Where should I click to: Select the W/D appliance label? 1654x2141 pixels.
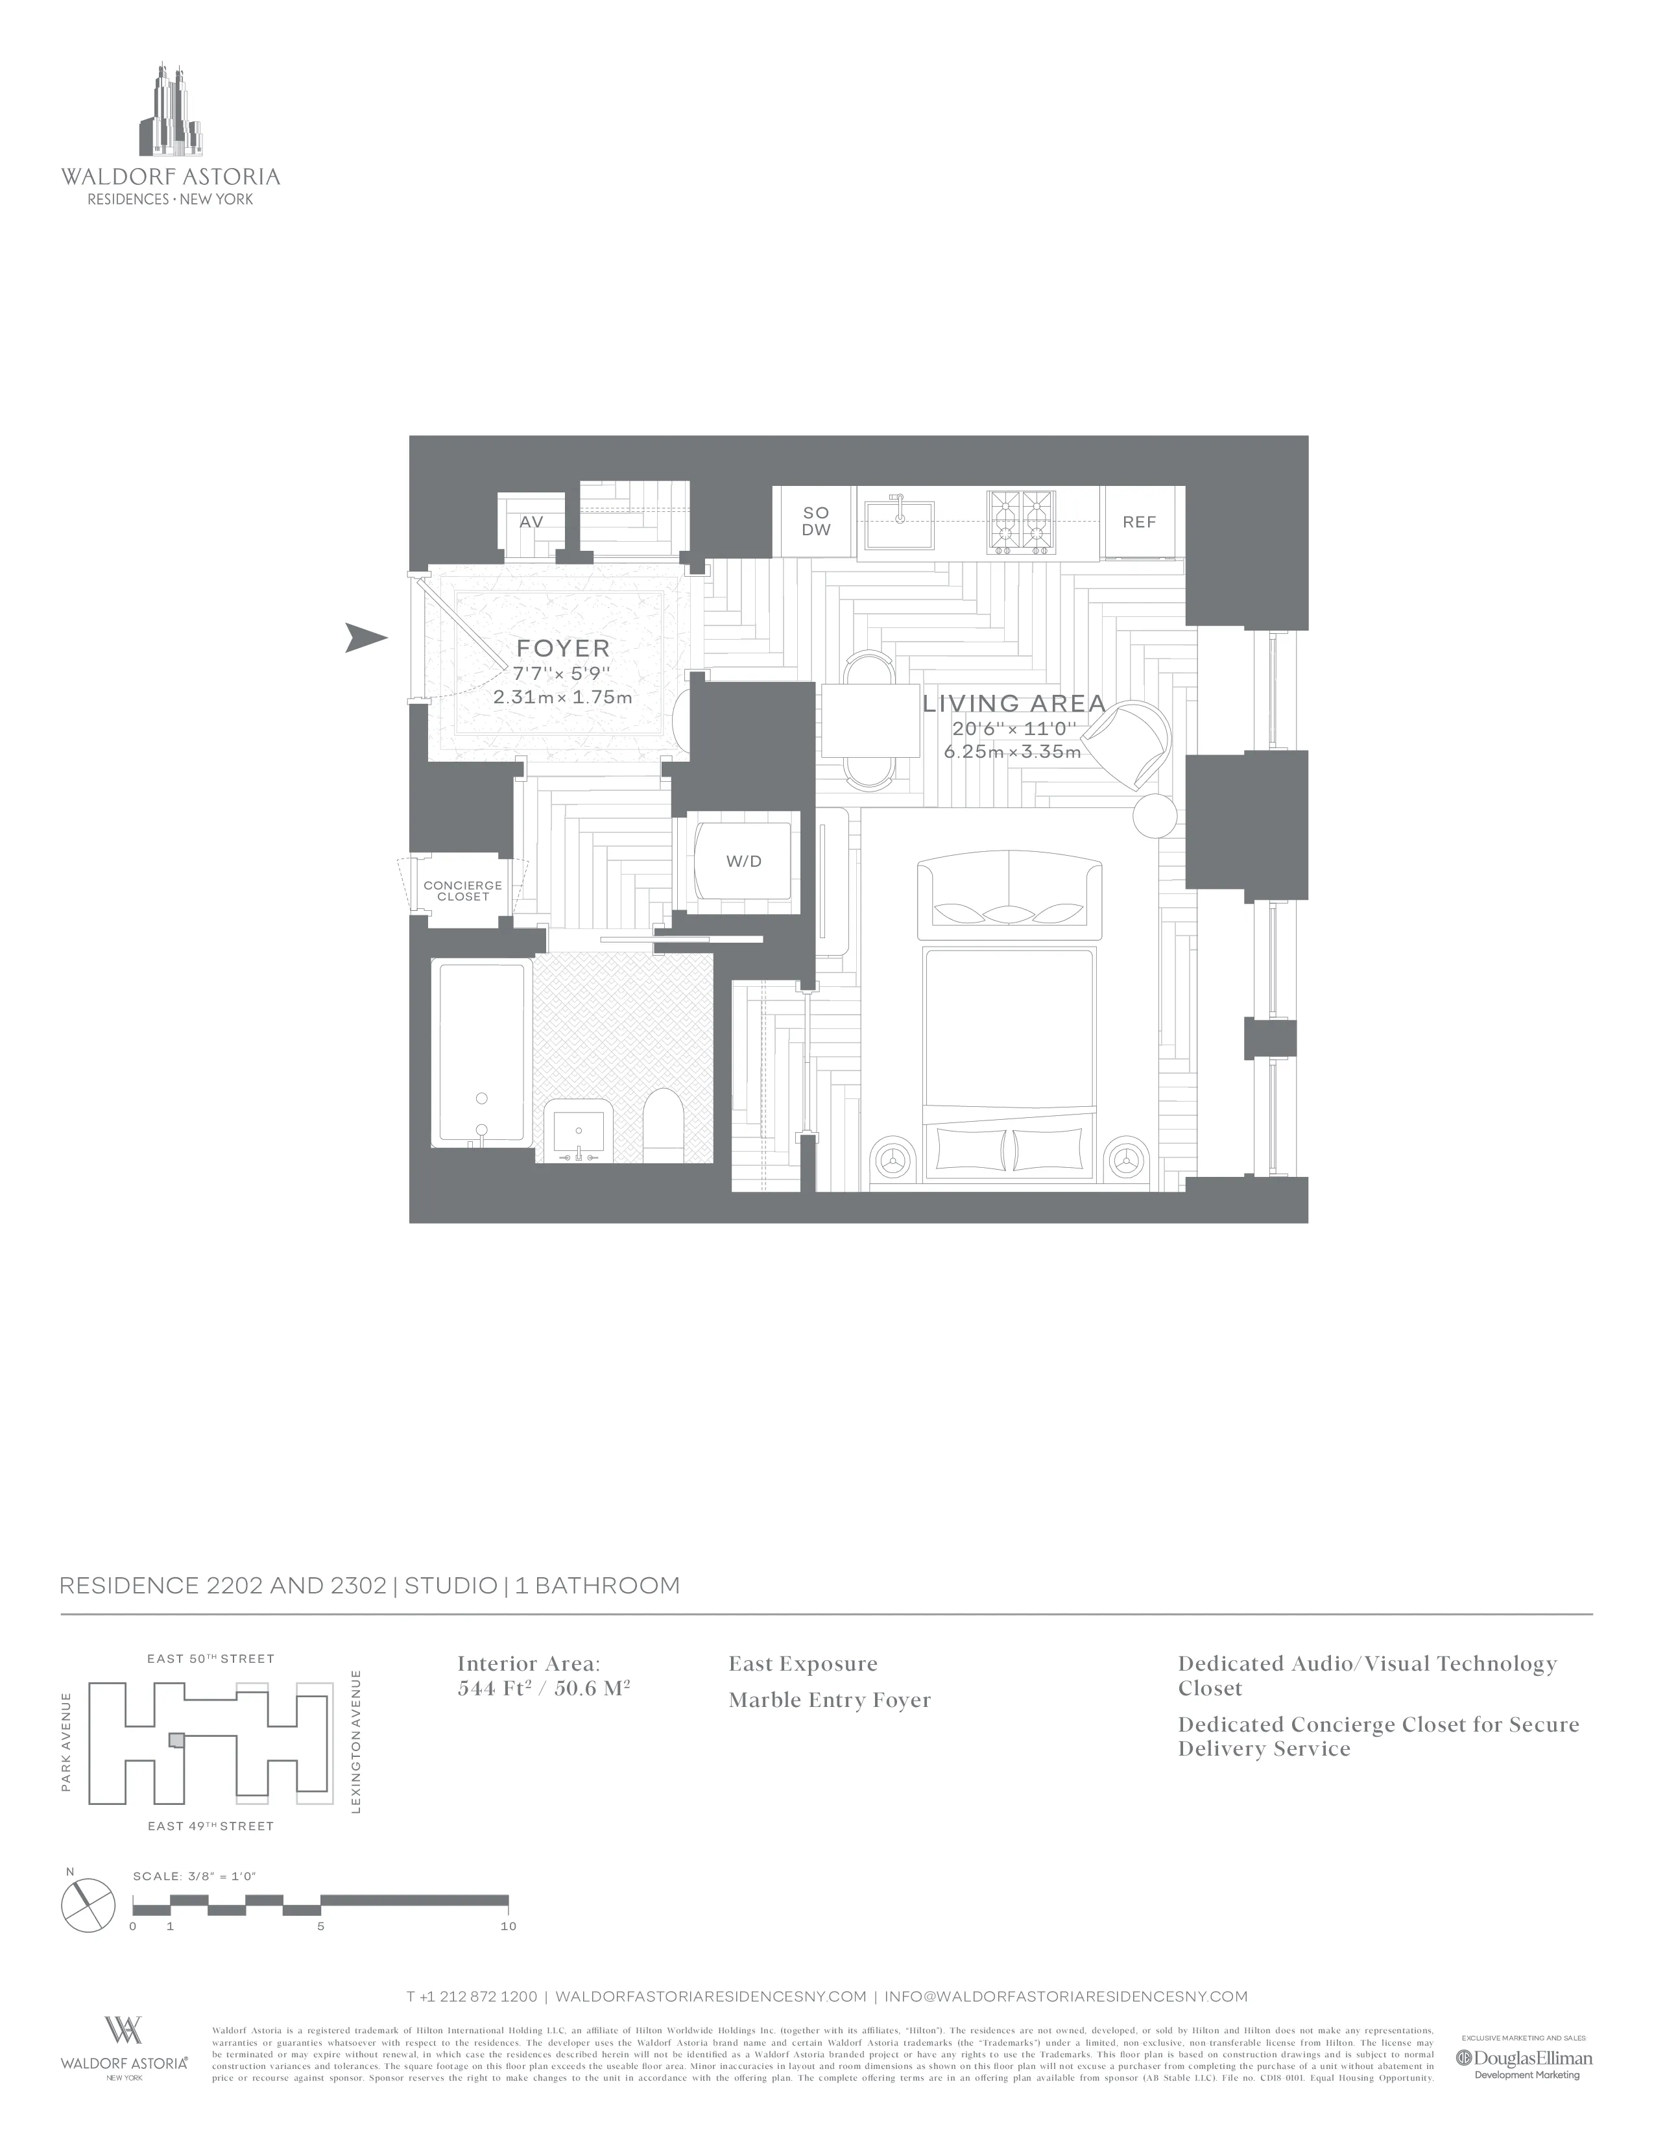[744, 862]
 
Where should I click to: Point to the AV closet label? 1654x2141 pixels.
[531, 522]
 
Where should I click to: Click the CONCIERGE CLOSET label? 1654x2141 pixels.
[462, 890]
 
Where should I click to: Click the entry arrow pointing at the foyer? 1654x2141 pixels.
[366, 638]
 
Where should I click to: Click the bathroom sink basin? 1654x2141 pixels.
[578, 1130]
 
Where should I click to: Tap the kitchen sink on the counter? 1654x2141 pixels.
[896, 524]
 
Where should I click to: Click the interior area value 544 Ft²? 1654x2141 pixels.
[496, 1689]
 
